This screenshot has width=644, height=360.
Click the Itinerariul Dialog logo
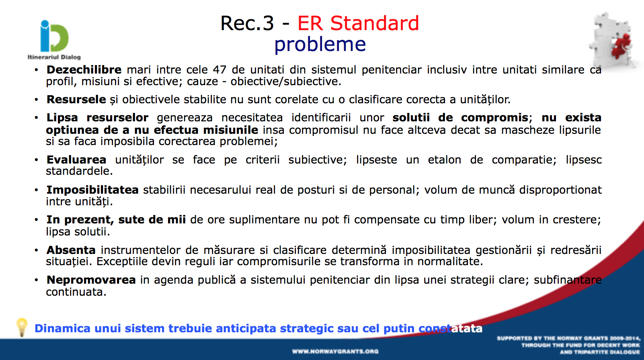point(54,40)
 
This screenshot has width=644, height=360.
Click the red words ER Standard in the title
point(358,23)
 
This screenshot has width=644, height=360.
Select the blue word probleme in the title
point(320,45)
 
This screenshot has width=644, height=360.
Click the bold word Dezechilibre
point(84,70)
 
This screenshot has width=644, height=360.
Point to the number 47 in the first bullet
point(219,70)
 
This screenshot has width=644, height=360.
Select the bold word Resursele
point(76,99)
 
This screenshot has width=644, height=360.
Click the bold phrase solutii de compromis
point(460,118)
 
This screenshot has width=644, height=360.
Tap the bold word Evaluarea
point(76,160)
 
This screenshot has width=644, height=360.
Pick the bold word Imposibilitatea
point(92,190)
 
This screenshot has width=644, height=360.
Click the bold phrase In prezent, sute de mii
point(116,220)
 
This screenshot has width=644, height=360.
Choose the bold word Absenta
point(71,250)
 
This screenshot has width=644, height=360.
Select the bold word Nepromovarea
point(91,280)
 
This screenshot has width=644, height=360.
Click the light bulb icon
point(22,327)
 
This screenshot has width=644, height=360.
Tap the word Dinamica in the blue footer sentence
point(62,328)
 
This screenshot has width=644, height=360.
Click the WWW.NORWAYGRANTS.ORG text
point(335,352)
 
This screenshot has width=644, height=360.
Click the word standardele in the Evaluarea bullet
point(79,171)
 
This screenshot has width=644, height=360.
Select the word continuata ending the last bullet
point(76,292)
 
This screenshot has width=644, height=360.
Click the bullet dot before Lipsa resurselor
point(36,118)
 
